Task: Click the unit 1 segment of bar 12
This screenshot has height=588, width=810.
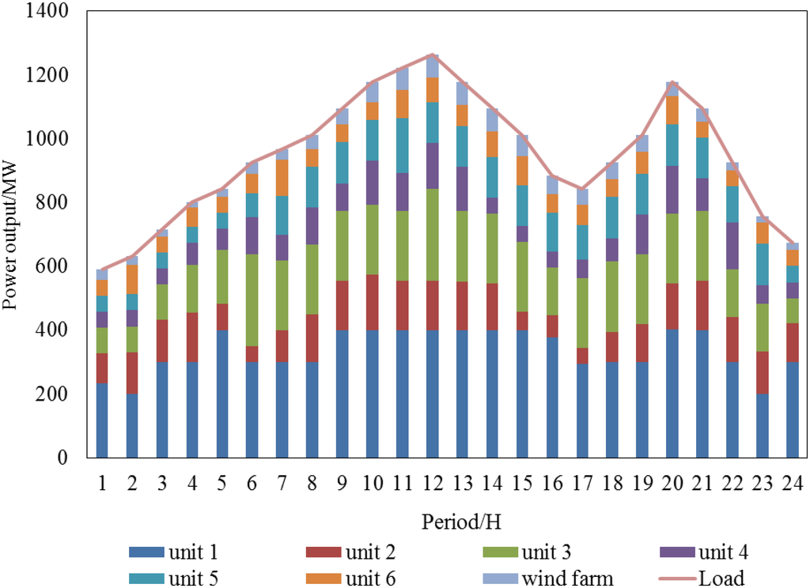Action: tap(432, 394)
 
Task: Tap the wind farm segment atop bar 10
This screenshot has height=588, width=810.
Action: tap(372, 92)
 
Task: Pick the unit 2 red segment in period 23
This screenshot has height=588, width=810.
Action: tap(763, 372)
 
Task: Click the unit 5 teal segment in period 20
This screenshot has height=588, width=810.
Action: tap(672, 145)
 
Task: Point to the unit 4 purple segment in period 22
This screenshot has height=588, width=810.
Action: tap(732, 246)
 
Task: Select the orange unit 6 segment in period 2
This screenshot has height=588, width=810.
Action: tap(131, 279)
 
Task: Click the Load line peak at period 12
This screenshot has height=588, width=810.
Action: tap(432, 55)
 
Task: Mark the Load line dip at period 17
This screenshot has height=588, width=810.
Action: tap(582, 190)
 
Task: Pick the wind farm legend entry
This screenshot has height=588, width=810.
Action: tap(547, 579)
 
